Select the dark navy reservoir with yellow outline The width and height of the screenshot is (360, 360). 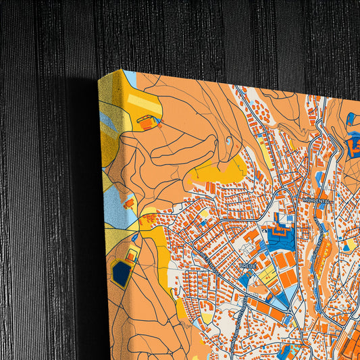[122, 273]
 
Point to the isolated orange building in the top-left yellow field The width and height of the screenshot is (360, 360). [145, 124]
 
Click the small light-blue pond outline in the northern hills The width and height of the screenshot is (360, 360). [230, 141]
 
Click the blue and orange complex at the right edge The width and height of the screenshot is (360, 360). [353, 142]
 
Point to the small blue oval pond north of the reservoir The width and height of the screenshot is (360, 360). [137, 237]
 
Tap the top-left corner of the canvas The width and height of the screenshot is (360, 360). [99, 78]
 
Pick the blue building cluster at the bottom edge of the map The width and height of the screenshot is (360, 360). [287, 351]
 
